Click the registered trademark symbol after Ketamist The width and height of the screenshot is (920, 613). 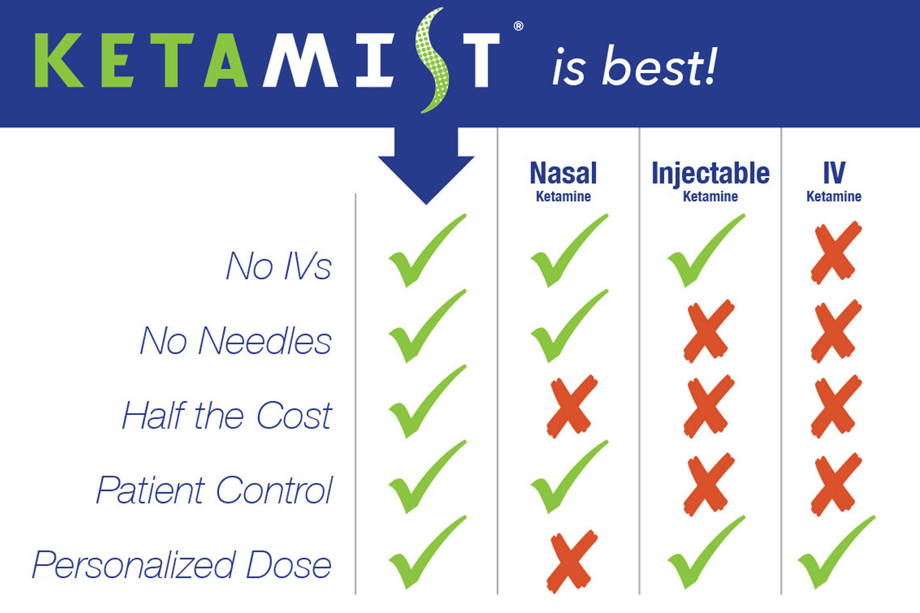[518, 26]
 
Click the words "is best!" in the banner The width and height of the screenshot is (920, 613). [635, 66]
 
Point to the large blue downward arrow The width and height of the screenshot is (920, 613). [426, 164]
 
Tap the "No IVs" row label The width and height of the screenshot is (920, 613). [278, 265]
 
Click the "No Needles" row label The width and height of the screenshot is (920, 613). [236, 340]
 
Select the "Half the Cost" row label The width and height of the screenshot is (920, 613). [227, 415]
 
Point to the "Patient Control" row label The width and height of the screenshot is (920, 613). [214, 490]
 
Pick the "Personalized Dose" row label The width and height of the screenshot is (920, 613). [182, 565]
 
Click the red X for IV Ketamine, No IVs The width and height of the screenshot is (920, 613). [836, 253]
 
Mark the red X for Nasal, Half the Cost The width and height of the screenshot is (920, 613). [572, 406]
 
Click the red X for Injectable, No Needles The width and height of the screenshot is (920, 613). [709, 331]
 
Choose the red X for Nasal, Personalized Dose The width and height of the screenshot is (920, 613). [572, 562]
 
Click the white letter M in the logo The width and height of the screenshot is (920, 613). [300, 60]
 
